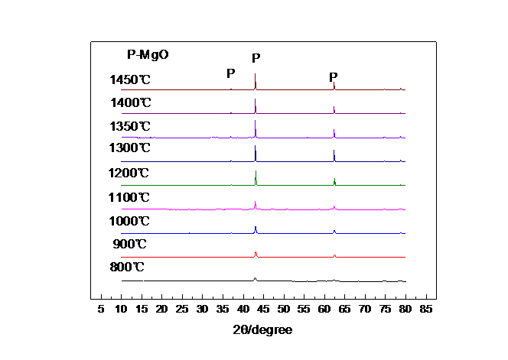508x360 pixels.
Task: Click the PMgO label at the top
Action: point(148,55)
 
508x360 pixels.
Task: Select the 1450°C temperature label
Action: point(130,79)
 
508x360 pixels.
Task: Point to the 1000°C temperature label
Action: point(130,221)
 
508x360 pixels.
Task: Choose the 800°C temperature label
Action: point(127,268)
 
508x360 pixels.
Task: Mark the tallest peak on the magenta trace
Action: point(256,203)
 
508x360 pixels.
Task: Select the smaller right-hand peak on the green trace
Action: point(334,180)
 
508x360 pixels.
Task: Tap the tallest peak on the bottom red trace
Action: point(256,252)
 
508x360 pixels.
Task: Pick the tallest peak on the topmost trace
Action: point(256,76)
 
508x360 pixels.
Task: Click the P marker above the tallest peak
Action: point(256,57)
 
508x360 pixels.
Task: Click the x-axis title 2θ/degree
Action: point(262,329)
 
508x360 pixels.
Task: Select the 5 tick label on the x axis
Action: point(100,309)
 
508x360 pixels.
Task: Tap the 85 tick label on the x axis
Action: point(425,309)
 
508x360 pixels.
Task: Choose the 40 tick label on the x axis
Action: point(243,309)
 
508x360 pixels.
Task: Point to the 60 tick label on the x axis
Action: point(324,309)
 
